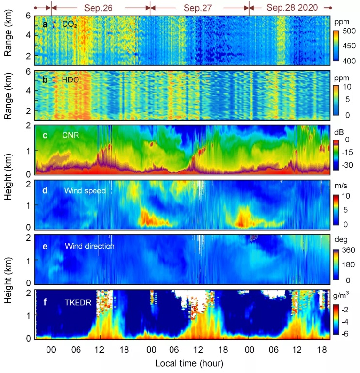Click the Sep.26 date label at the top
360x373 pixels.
pos(99,8)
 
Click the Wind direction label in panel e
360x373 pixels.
pos(90,246)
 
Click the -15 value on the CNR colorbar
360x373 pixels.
pos(350,152)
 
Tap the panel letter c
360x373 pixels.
pos(45,136)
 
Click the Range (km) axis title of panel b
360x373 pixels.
pos(8,95)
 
